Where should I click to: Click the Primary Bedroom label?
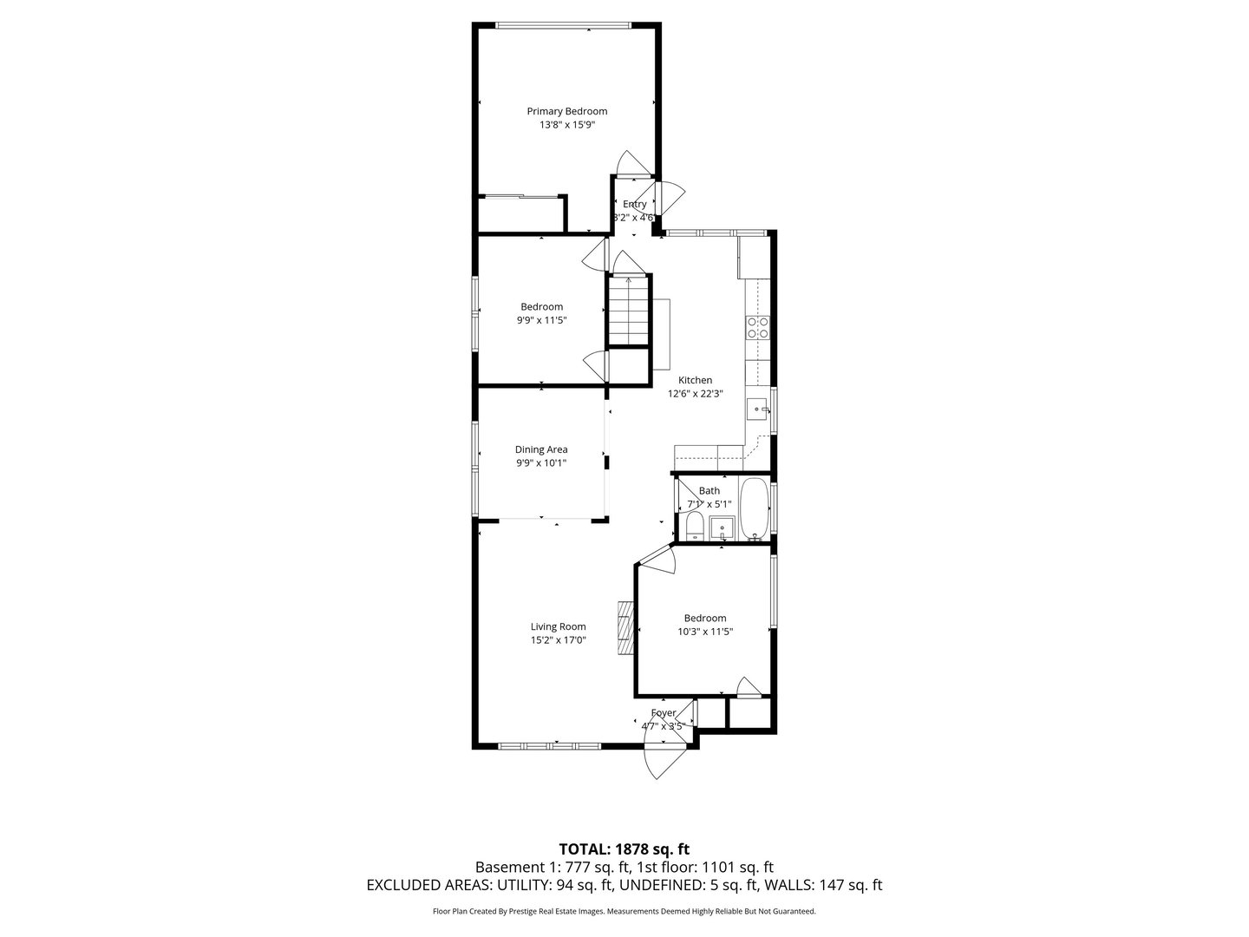pos(567,111)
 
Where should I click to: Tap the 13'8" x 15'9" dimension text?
pos(567,125)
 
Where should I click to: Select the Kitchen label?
pos(695,380)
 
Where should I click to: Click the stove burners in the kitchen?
pos(757,326)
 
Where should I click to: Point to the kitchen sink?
pos(759,409)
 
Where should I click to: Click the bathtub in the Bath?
pos(754,508)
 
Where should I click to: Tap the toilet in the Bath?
pos(694,526)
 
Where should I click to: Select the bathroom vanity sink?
pos(722,526)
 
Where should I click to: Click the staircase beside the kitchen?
pos(628,311)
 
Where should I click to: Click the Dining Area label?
pos(541,449)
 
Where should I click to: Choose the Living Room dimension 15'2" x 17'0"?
pos(559,640)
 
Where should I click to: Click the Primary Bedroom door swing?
pos(631,164)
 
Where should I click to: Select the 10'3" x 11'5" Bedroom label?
pos(705,619)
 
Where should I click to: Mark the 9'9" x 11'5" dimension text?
pos(541,320)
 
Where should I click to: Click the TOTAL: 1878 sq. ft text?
pos(624,849)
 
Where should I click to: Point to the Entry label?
pos(634,205)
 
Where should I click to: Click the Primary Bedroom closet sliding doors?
pos(520,198)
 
